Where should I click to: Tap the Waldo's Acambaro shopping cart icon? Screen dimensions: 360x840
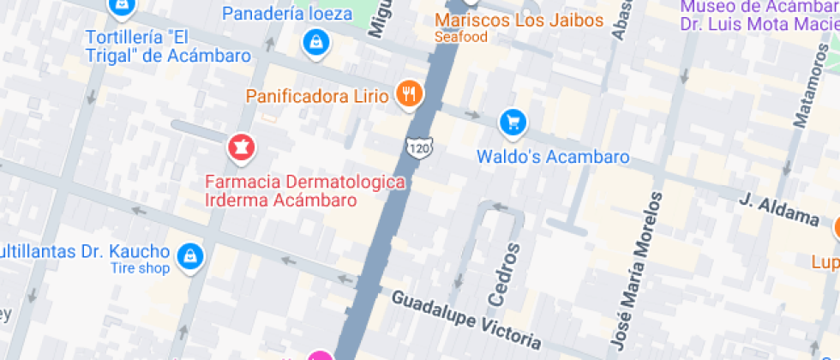(x=513, y=123)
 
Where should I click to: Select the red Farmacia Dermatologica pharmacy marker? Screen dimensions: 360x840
(x=241, y=147)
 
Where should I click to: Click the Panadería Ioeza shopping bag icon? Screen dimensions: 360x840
(x=316, y=41)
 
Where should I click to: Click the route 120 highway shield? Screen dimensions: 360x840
(x=419, y=147)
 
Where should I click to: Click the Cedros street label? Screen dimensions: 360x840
(x=505, y=274)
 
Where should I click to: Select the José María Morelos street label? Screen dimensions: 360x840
(x=638, y=270)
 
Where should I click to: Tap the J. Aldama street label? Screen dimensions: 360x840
(x=779, y=209)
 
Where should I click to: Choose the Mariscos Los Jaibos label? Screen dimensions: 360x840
(x=519, y=20)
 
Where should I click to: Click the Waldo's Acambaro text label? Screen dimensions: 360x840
(x=553, y=157)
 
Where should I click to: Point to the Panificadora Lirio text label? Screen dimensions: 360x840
(x=317, y=95)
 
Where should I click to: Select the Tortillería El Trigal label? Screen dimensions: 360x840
(x=169, y=46)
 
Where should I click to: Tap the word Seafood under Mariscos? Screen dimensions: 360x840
(x=460, y=37)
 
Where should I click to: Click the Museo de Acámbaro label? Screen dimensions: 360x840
(x=759, y=15)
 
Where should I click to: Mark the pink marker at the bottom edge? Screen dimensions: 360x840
(x=320, y=356)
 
